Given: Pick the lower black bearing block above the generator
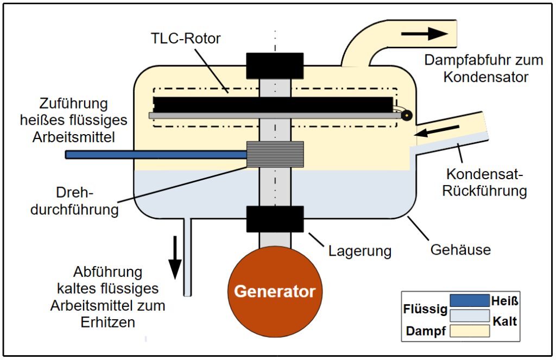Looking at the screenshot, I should tap(275, 219).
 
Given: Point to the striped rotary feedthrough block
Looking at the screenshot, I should tap(275, 154).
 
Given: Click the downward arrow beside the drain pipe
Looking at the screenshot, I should tap(175, 258).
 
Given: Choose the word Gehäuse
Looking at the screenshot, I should tap(460, 250).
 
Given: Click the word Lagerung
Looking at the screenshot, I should tap(360, 251).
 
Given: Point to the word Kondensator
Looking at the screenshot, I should tap(485, 77).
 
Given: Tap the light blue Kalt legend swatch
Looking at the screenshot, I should tap(470, 315).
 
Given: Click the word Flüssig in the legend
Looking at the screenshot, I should tap(425, 310).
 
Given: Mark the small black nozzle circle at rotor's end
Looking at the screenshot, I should tap(406, 115).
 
